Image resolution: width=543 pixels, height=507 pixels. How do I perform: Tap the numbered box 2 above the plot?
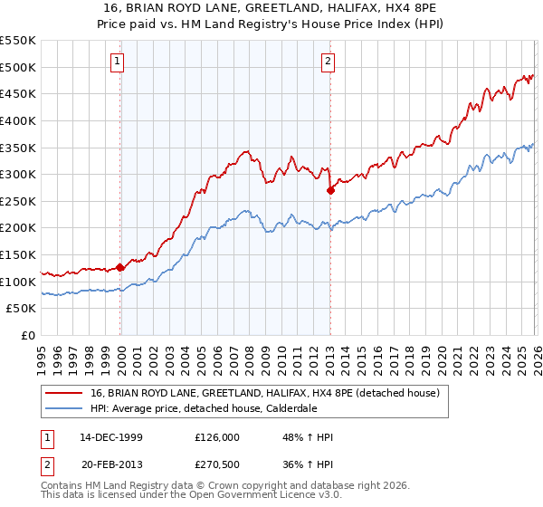tap(328, 62)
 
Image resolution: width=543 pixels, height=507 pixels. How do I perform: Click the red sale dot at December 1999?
tap(120, 268)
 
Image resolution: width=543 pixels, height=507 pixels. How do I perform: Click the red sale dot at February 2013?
tap(330, 190)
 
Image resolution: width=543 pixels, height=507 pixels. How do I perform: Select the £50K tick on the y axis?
tap(22, 309)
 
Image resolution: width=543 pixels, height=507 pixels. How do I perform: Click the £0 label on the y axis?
tap(28, 336)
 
